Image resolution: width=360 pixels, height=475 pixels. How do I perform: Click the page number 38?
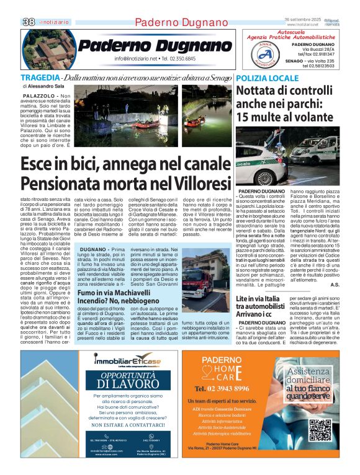click(x=28, y=22)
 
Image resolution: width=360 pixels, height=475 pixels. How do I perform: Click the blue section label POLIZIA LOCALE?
click(x=267, y=78)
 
